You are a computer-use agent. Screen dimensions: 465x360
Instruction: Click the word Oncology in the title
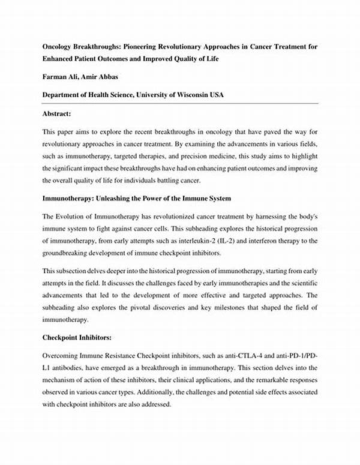point(58,46)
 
